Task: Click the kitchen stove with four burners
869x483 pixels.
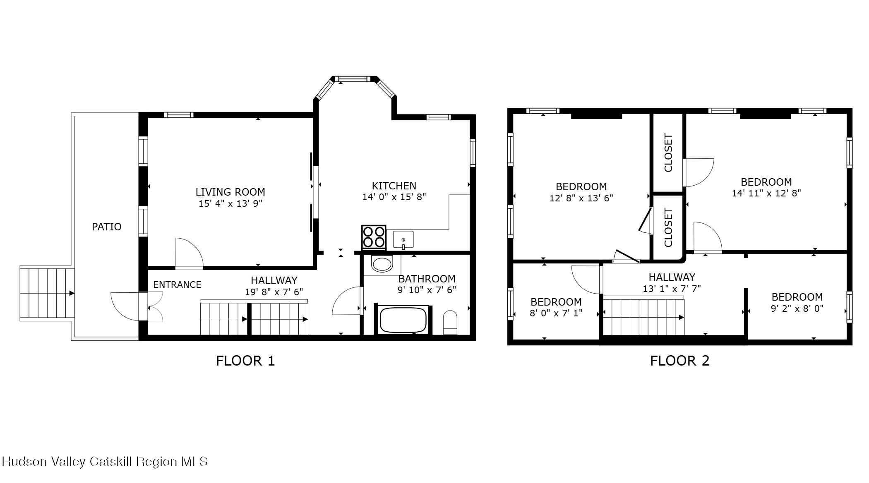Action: pyautogui.click(x=374, y=237)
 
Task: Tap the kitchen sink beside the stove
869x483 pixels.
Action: pyautogui.click(x=403, y=240)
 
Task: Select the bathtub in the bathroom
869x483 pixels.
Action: pyautogui.click(x=403, y=320)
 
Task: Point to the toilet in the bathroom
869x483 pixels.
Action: pyautogui.click(x=450, y=322)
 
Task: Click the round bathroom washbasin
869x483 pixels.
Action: pyautogui.click(x=382, y=264)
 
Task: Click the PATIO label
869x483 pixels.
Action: pyautogui.click(x=106, y=227)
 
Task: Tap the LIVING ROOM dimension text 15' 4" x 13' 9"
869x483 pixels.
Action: pyautogui.click(x=230, y=203)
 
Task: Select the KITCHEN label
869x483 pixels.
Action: pyautogui.click(x=394, y=186)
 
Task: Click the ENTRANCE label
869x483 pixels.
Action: pyautogui.click(x=177, y=285)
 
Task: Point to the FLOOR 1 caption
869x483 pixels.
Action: pyautogui.click(x=245, y=361)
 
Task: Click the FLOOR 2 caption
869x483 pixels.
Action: pyautogui.click(x=679, y=361)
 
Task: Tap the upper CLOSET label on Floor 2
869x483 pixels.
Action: pyautogui.click(x=668, y=153)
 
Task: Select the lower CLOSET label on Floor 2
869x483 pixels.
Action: pyautogui.click(x=668, y=227)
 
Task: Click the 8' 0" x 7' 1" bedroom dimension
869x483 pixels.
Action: pyautogui.click(x=556, y=313)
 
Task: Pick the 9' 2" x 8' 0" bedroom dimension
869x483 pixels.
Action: pyautogui.click(x=797, y=308)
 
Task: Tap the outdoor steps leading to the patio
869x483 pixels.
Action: pyautogui.click(x=47, y=294)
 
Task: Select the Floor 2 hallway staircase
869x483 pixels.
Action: pyautogui.click(x=643, y=317)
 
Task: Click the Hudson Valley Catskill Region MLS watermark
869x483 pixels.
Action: pyautogui.click(x=104, y=461)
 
